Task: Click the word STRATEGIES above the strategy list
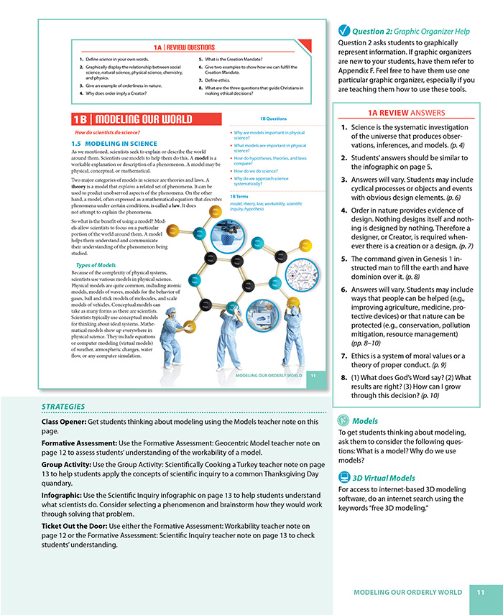(64, 406)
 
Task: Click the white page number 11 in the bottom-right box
(481, 592)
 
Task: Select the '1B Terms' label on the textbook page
(239, 197)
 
